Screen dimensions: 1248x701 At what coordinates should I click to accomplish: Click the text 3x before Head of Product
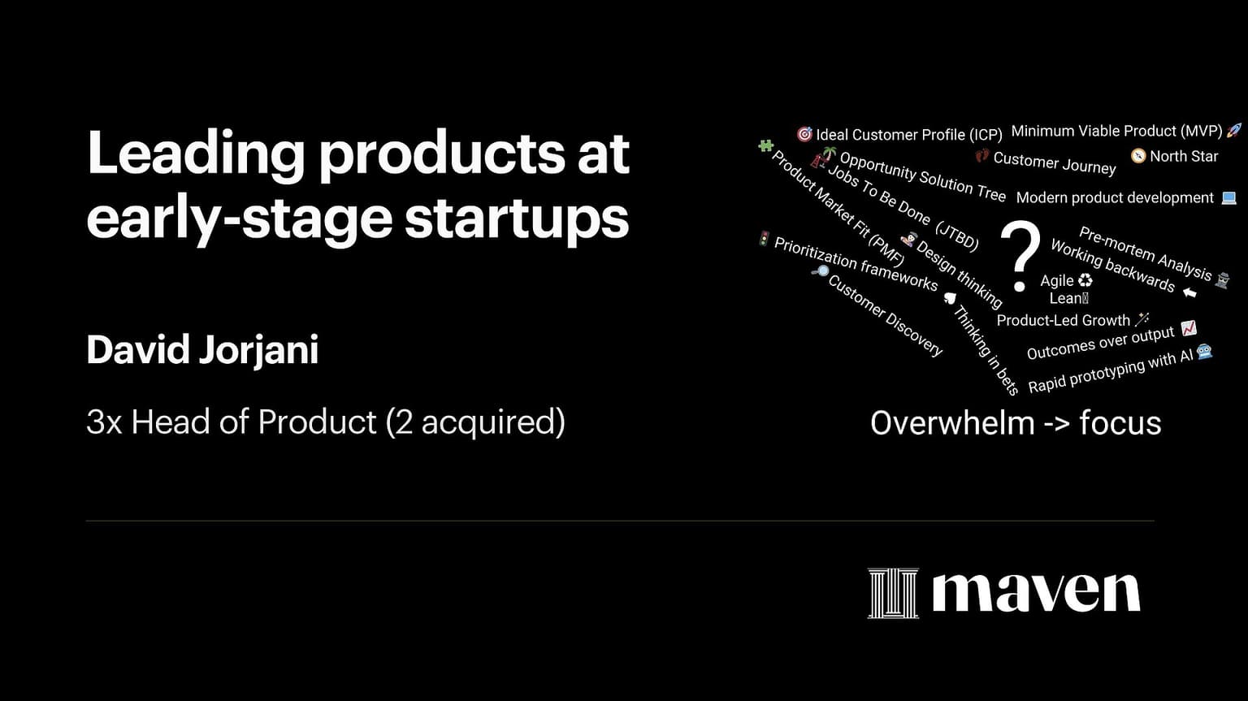pyautogui.click(x=104, y=422)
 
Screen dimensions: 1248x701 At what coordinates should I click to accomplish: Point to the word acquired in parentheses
pyautogui.click(x=487, y=422)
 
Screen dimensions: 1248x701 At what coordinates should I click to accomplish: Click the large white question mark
pyautogui.click(x=1020, y=256)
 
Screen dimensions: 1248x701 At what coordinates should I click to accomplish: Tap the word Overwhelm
pyautogui.click(x=952, y=423)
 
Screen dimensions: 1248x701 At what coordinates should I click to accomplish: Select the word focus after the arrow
pyautogui.click(x=1120, y=423)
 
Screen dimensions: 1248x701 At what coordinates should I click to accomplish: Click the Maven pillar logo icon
pyautogui.click(x=893, y=593)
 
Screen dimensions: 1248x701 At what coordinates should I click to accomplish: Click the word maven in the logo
pyautogui.click(x=1036, y=594)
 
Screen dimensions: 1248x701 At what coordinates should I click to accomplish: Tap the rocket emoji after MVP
pyautogui.click(x=1233, y=130)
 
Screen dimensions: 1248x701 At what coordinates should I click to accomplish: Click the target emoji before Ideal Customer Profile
pyautogui.click(x=804, y=134)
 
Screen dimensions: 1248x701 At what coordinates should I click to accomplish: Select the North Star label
pyautogui.click(x=1184, y=157)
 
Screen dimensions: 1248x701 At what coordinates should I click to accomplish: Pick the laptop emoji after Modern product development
pyautogui.click(x=1228, y=197)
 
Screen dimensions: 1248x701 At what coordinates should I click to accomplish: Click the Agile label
pyautogui.click(x=1057, y=280)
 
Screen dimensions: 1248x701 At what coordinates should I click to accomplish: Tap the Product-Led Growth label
pyautogui.click(x=1063, y=321)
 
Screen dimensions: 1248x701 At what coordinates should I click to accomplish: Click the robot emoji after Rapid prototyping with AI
pyautogui.click(x=1205, y=352)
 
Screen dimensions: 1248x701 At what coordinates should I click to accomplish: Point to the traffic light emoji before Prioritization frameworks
pyautogui.click(x=764, y=239)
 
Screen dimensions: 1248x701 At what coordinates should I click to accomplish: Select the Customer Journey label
pyautogui.click(x=1055, y=162)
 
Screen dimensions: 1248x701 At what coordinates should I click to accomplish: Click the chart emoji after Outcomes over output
pyautogui.click(x=1189, y=328)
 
